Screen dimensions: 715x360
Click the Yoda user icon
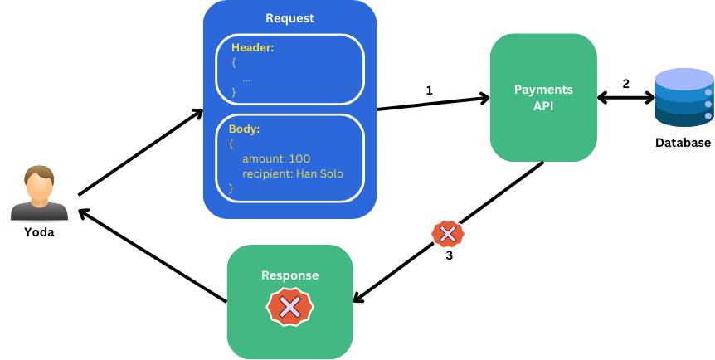click(39, 193)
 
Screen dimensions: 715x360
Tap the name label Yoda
click(39, 232)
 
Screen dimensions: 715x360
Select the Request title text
click(289, 18)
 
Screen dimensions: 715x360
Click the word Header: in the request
click(253, 47)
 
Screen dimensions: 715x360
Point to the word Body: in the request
click(244, 129)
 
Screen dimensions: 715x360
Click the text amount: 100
click(276, 158)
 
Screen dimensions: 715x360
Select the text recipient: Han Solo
click(293, 174)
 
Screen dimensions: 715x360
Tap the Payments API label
click(543, 98)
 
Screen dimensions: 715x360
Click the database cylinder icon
click(684, 99)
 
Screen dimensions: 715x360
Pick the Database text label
click(683, 143)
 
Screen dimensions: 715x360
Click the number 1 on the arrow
click(429, 90)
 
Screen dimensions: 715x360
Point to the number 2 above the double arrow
click(625, 84)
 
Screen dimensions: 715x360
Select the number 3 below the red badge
click(449, 256)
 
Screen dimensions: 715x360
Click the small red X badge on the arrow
click(448, 234)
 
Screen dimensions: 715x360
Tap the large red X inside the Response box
click(290, 307)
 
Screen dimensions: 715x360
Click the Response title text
click(290, 275)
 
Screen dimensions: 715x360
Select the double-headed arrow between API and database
click(625, 98)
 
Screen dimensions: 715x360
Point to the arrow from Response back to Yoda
click(153, 255)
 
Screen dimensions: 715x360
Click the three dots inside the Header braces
click(246, 79)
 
